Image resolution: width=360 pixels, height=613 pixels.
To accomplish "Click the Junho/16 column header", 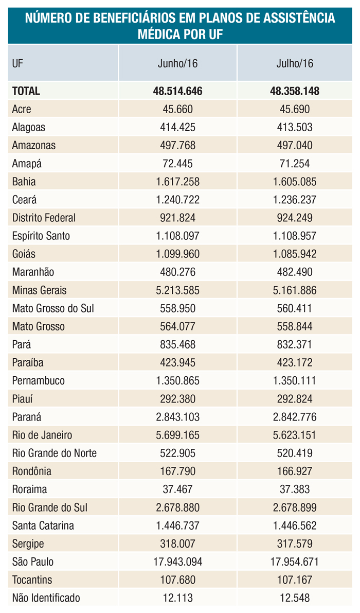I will pos(177,64).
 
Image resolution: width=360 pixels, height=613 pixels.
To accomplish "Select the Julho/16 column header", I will pos(295,64).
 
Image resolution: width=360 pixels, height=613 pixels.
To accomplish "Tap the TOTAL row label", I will pos(26,91).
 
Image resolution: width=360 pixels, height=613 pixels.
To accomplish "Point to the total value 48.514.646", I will pos(177,91).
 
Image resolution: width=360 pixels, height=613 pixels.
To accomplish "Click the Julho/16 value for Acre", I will pos(295,109).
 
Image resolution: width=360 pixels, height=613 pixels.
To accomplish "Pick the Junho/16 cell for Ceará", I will pos(177,200).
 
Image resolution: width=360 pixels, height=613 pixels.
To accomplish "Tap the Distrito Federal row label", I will pos(44,218).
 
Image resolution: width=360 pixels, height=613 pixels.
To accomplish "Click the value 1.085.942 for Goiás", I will pos(295,254).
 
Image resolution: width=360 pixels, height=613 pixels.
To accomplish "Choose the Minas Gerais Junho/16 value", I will pos(177,290).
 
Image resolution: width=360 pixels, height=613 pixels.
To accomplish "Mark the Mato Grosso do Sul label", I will pos(52,308).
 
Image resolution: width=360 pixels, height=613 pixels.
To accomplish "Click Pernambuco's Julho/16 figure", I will pos(295,381).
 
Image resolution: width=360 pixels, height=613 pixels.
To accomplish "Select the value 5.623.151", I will pos(295,435).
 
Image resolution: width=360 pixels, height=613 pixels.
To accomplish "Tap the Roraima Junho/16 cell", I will pos(177,489).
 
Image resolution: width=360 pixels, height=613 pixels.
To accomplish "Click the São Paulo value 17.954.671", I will pos(295,562).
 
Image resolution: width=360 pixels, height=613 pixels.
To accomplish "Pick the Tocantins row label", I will pos(32,580).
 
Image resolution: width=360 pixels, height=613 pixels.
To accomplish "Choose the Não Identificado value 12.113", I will pos(177,598).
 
